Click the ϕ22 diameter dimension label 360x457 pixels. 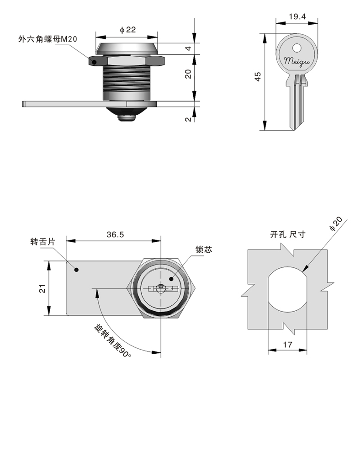tap(127, 30)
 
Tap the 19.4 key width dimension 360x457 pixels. tap(297, 16)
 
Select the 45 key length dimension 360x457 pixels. tap(258, 77)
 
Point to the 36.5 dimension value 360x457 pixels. tap(115, 234)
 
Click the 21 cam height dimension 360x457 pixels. tap(42, 288)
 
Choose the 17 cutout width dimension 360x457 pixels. tap(287, 345)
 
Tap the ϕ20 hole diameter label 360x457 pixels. tap(336, 223)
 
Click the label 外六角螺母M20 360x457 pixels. tap(48, 39)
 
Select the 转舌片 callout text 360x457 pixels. tap(42, 242)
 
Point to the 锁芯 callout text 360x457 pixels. tap(204, 250)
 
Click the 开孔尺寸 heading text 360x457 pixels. tap(288, 234)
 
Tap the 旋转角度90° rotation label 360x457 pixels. tap(113, 341)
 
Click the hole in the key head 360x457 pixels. tap(297, 48)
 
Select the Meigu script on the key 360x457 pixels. tap(297, 62)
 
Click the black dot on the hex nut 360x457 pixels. tap(94, 62)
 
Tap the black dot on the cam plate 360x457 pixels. tap(77, 270)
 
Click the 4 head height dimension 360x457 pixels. tap(188, 48)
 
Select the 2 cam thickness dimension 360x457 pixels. tap(188, 119)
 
